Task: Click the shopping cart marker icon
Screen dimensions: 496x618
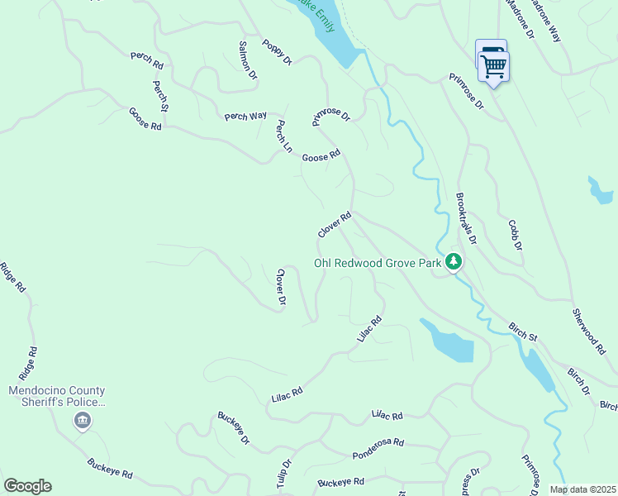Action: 493,64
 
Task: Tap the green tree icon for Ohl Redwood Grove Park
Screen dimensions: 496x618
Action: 453,262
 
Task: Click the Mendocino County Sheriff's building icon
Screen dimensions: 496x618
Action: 82,422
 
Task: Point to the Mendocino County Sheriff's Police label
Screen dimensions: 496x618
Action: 57,396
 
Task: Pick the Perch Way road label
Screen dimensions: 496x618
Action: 245,117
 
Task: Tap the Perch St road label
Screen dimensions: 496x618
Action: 160,96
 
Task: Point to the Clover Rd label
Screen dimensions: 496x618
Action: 335,225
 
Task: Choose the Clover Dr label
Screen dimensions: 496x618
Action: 281,288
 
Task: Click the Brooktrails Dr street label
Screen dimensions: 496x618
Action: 466,219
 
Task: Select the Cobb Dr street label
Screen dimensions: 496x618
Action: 515,235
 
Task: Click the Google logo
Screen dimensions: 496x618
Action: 27,486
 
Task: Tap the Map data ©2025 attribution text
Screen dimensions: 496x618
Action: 582,489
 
